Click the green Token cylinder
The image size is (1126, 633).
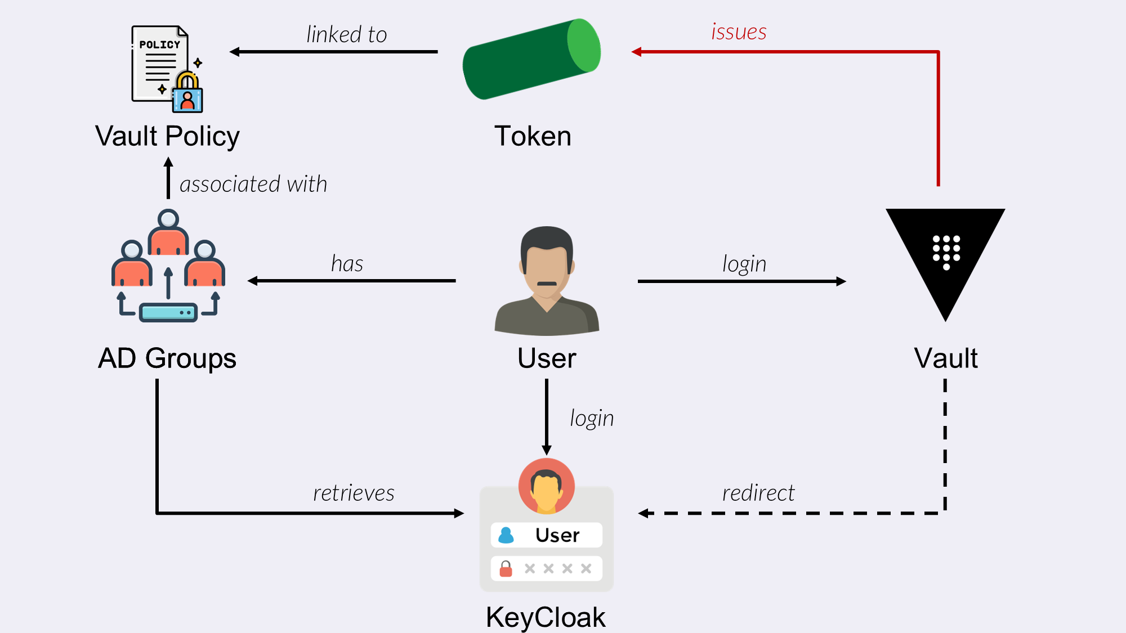(x=531, y=59)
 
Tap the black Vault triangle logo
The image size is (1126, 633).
(x=945, y=256)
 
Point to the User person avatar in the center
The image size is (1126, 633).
(x=547, y=281)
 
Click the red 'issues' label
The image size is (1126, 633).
(x=739, y=32)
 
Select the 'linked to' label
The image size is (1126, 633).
(x=346, y=35)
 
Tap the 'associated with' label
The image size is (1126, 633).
(x=253, y=185)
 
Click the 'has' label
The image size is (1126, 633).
(x=347, y=264)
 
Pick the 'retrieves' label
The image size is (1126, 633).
(x=354, y=493)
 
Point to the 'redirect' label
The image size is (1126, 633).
(x=758, y=493)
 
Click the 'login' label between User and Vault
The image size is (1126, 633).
(x=744, y=264)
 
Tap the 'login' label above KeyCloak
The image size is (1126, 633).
(x=592, y=419)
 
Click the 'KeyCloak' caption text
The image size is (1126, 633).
(x=546, y=617)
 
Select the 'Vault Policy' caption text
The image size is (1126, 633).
(x=167, y=136)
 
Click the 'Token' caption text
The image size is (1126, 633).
(x=533, y=136)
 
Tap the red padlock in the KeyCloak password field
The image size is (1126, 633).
(x=506, y=569)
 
